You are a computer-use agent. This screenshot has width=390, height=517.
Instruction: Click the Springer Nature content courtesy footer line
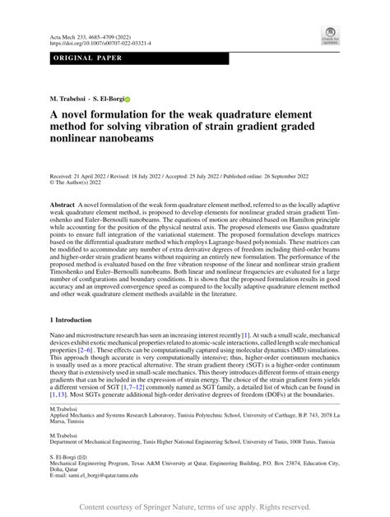194,507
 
